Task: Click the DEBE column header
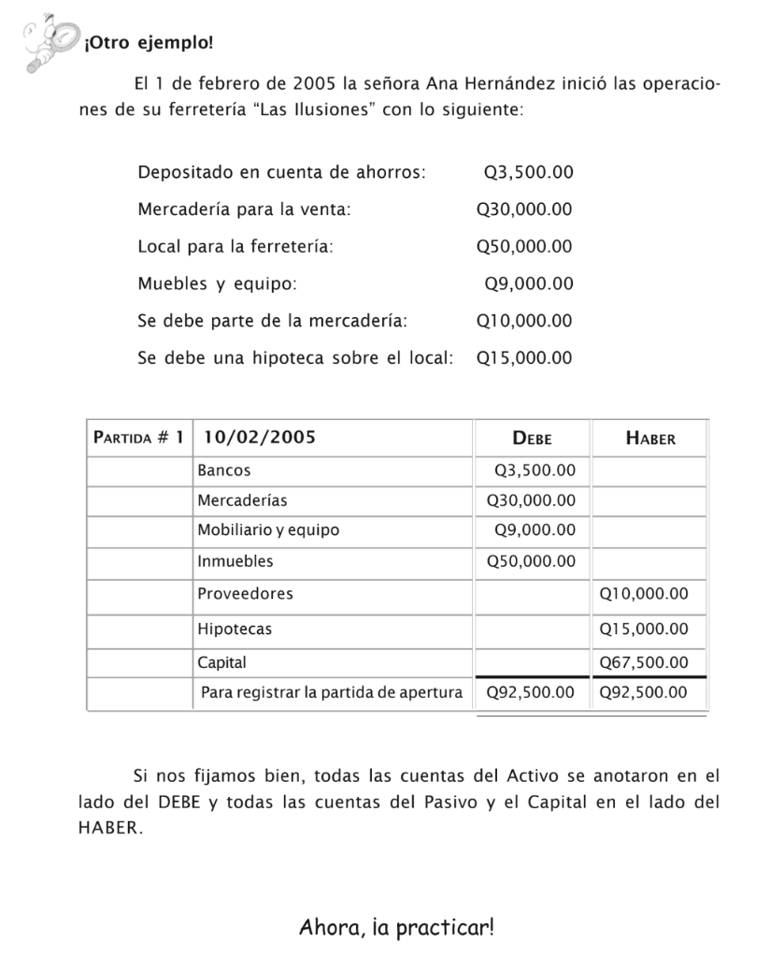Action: click(x=532, y=437)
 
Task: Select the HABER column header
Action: click(x=649, y=437)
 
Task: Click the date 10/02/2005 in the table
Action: click(x=260, y=437)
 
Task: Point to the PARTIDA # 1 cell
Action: click(x=138, y=437)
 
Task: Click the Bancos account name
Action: click(x=224, y=471)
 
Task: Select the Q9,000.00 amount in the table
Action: click(x=535, y=530)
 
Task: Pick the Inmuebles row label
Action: click(x=235, y=561)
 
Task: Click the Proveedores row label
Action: click(x=245, y=593)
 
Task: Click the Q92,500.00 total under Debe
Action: click(x=531, y=693)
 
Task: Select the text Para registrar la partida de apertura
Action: click(x=332, y=693)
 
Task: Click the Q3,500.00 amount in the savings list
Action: click(x=528, y=172)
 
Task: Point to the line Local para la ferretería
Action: click(x=235, y=247)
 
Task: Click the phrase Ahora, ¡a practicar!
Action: click(x=396, y=928)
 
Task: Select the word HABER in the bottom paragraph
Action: click(x=109, y=829)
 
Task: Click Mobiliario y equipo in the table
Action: click(x=268, y=530)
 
